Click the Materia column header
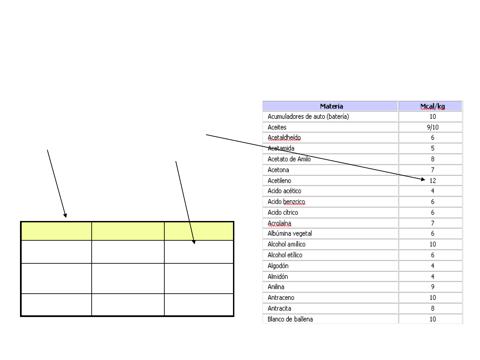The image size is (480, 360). click(x=331, y=106)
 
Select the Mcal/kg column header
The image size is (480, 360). click(x=432, y=106)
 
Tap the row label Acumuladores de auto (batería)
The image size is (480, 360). click(x=308, y=117)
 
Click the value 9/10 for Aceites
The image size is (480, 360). click(x=433, y=127)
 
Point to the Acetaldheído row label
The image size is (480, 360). click(x=284, y=137)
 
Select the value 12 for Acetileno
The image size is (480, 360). click(x=433, y=181)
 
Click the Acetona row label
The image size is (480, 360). click(x=278, y=170)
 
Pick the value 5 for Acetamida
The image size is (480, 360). click(x=433, y=148)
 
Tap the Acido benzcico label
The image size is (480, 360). click(x=286, y=202)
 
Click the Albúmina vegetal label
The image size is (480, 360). click(x=290, y=233)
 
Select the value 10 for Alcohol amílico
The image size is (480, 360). click(x=433, y=244)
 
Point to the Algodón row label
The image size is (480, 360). click(x=278, y=266)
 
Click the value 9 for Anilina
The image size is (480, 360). click(x=433, y=287)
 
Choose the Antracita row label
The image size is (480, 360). click(x=279, y=308)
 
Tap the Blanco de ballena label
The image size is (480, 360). click(x=290, y=319)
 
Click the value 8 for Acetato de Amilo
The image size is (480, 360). click(x=433, y=159)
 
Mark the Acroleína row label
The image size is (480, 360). click(x=279, y=223)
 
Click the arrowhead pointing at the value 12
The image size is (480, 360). click(x=423, y=179)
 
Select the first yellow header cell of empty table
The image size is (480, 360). click(x=57, y=231)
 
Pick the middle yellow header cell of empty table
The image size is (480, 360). click(x=128, y=231)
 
